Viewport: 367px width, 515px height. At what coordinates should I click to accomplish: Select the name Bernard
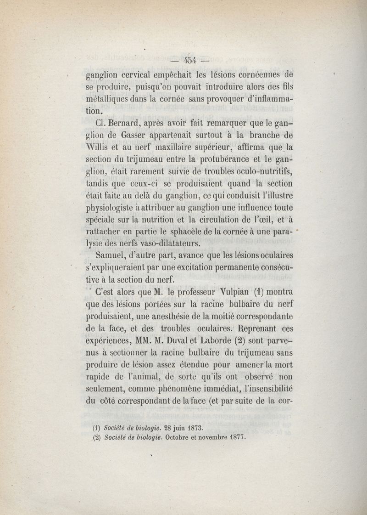[124, 124]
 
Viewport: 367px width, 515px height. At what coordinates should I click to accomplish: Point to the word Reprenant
[262, 328]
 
